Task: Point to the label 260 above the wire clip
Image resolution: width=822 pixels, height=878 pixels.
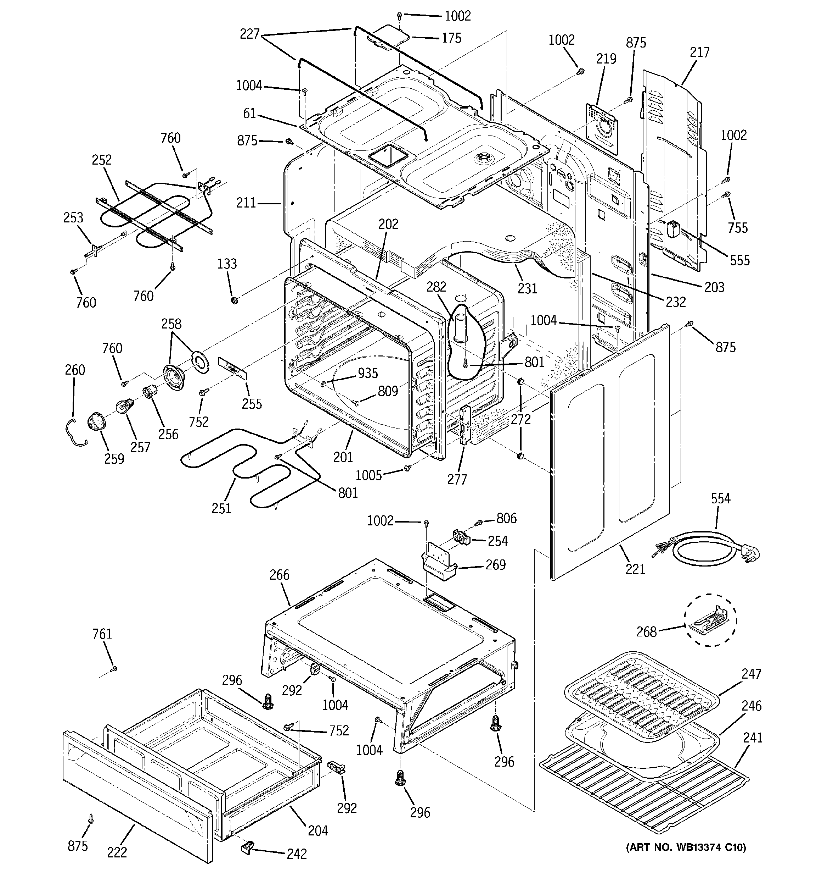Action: point(75,370)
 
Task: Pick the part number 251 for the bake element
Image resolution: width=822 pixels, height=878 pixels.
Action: point(221,508)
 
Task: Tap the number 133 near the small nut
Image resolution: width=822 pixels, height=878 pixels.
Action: point(227,264)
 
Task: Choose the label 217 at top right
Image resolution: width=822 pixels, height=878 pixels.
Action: point(699,52)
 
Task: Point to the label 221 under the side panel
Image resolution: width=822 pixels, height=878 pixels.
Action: point(635,569)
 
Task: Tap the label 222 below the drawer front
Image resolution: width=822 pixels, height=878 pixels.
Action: point(117,852)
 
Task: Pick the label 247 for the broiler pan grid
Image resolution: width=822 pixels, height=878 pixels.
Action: point(751,674)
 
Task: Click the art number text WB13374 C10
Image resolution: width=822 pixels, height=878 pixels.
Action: point(686,847)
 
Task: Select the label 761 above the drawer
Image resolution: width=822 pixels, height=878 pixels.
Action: point(102,634)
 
